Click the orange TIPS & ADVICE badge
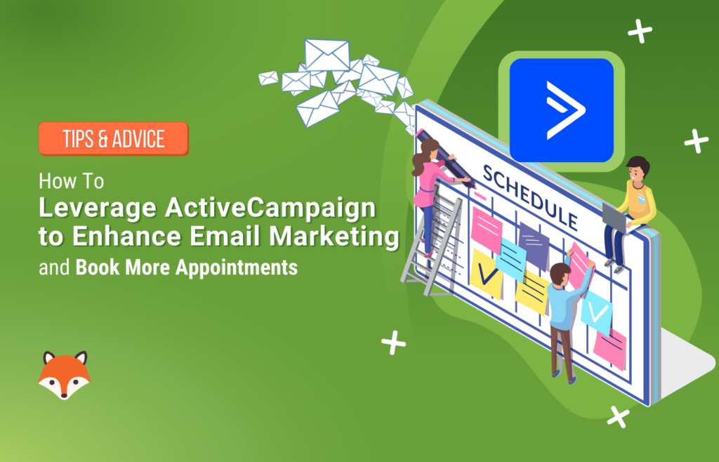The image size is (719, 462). point(113,138)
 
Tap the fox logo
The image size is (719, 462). point(64,375)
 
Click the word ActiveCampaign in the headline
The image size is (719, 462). point(270,208)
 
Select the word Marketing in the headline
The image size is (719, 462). point(334,236)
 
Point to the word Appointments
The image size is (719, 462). point(237,268)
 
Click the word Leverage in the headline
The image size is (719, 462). point(98,209)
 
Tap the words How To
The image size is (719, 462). point(71,181)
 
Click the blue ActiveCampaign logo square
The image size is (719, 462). point(561,110)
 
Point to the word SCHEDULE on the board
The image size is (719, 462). point(529,197)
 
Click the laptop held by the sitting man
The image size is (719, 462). point(615,218)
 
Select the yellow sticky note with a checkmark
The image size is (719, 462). point(486,274)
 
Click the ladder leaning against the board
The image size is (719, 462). point(432,243)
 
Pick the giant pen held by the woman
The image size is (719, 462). point(444,158)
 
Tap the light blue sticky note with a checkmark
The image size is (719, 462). point(597,312)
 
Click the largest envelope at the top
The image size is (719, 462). point(327,55)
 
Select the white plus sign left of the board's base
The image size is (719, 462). point(393,343)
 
